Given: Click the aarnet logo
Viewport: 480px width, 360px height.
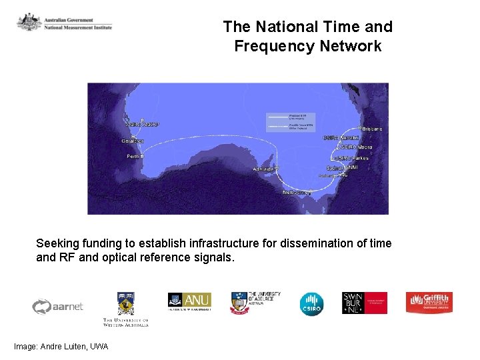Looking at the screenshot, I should coord(58,306).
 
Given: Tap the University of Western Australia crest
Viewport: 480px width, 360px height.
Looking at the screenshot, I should coord(125,303).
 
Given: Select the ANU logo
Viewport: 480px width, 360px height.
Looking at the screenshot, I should coord(189,301).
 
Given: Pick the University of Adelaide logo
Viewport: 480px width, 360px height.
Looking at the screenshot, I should coord(255,303).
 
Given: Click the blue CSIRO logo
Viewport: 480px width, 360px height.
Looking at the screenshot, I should coord(311,303).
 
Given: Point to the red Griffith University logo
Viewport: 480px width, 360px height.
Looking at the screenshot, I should coord(429,303).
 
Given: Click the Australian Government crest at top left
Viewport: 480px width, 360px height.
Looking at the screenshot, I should coord(29,23).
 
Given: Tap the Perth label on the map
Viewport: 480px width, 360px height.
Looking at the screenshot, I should coord(134,157).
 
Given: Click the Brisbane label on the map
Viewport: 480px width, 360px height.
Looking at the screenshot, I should coord(372,128).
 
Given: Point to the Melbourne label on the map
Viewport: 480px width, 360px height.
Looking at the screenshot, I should coord(297,192).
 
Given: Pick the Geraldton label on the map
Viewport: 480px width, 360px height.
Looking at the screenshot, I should coord(132,141).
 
